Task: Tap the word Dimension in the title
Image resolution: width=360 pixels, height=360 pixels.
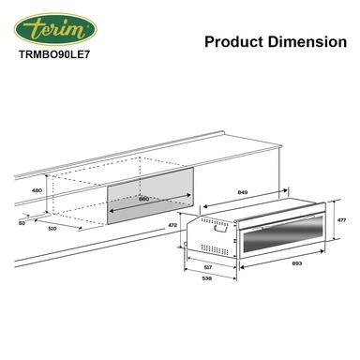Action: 302,42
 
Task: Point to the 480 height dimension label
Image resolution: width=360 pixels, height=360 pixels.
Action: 37,190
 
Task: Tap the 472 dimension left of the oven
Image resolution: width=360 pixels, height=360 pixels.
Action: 172,226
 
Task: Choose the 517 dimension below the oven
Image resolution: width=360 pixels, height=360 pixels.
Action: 207,268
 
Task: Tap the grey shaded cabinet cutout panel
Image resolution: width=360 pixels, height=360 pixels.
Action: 150,199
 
